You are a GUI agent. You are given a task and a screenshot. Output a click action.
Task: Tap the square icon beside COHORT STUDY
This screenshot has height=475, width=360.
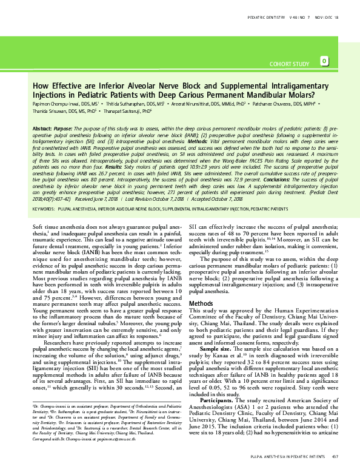[x=325, y=61]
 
